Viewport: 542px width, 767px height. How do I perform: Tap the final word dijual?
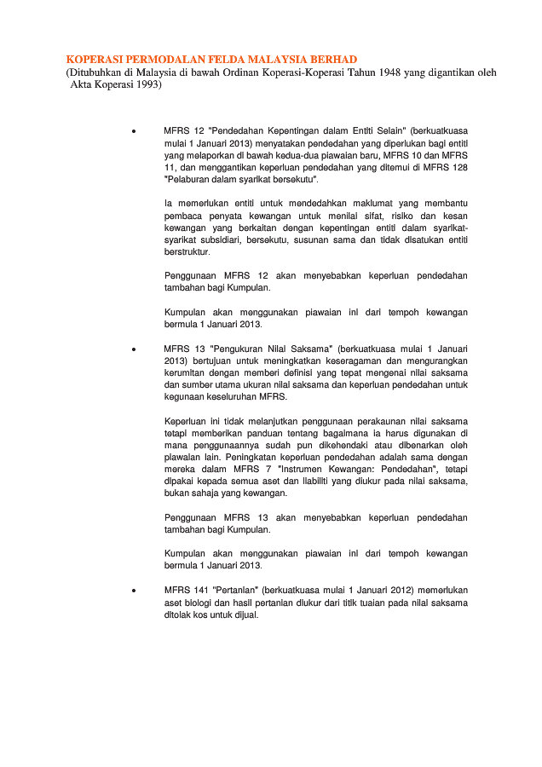pos(245,614)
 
